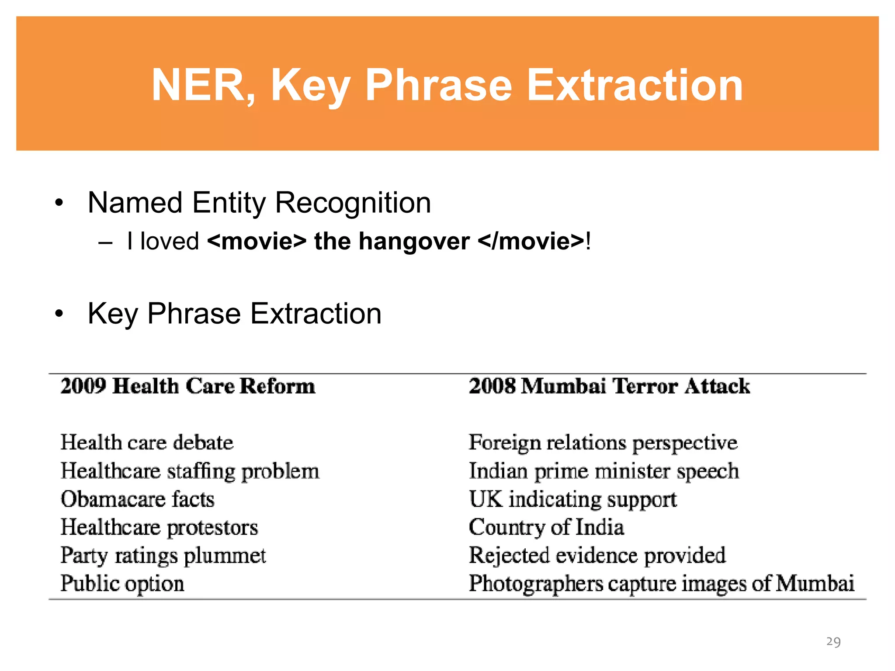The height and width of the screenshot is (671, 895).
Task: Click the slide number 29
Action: (833, 642)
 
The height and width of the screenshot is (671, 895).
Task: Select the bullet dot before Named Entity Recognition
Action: (59, 203)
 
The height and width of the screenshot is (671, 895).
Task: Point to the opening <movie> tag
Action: (257, 242)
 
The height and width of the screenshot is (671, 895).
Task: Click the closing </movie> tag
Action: (531, 242)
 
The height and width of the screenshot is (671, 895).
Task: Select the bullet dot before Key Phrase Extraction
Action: (59, 314)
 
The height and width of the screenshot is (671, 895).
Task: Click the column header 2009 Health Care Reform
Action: (187, 386)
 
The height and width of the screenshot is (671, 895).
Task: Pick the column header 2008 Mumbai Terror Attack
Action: (609, 386)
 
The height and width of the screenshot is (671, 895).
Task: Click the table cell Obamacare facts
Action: (138, 499)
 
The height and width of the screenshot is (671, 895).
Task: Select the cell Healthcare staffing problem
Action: (190, 471)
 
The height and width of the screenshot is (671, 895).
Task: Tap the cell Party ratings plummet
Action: (163, 556)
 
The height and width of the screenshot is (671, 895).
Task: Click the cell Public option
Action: (122, 584)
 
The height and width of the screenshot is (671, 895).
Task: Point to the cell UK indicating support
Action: (572, 499)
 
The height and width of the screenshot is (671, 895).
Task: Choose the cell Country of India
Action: (546, 527)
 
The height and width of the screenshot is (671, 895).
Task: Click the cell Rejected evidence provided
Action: (597, 556)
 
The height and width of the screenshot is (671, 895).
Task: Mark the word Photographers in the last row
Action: (536, 584)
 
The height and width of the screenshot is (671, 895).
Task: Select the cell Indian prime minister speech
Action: (604, 471)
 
